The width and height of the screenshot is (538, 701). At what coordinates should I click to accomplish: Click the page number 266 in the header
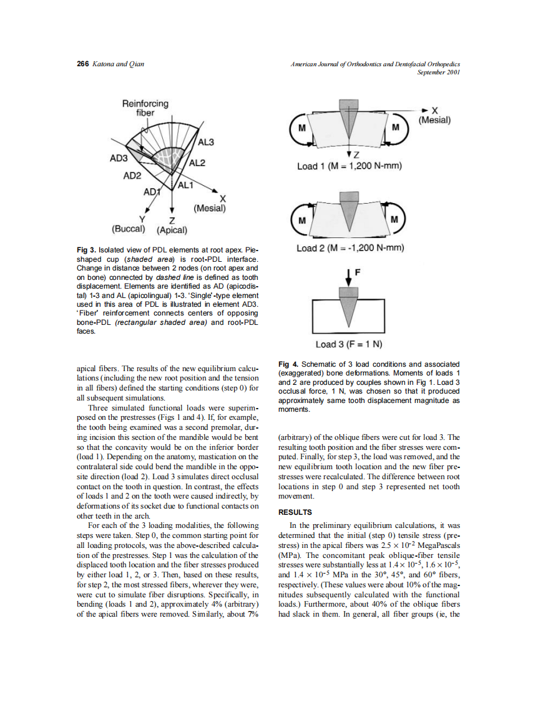click(82, 64)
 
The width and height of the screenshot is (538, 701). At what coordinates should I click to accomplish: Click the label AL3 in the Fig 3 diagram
click(206, 143)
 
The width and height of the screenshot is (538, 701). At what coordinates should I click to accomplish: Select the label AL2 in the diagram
click(197, 164)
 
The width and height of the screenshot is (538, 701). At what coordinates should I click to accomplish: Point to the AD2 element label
click(132, 176)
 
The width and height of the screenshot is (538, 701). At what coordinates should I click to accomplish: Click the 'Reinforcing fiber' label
click(145, 108)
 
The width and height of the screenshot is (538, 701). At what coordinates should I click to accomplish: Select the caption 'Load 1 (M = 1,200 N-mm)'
click(349, 166)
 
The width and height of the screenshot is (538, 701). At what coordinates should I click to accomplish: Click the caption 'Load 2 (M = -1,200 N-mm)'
click(351, 248)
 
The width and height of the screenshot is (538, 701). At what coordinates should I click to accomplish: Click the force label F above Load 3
click(358, 272)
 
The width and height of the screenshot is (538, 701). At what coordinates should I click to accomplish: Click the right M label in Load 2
click(394, 220)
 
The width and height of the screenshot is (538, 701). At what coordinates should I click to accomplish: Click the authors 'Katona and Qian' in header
click(118, 64)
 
